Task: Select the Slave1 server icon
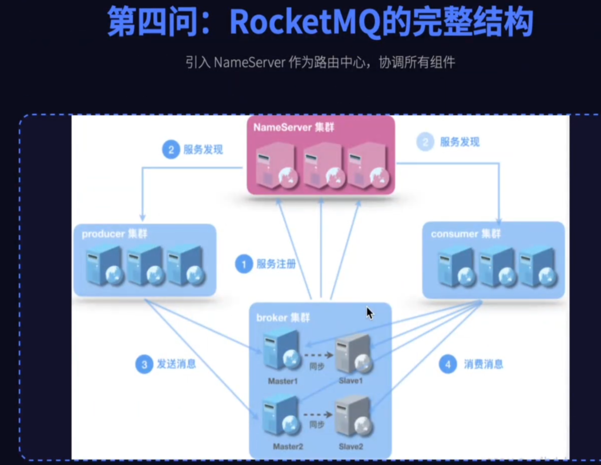353,354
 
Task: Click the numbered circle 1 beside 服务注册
244,264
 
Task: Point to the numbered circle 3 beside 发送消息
143,364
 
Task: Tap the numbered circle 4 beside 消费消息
448,364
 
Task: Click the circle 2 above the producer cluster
171,150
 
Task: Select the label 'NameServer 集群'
293,127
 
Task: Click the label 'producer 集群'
114,234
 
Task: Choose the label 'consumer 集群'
465,234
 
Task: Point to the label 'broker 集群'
283,317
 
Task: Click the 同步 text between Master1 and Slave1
317,366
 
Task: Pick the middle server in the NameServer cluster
322,165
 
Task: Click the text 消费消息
483,364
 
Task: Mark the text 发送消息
176,364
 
